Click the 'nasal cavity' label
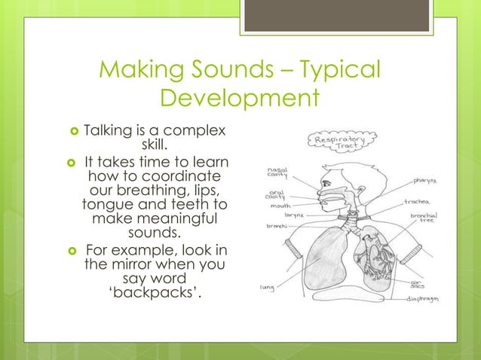pos(277,173)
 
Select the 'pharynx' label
pos(427,182)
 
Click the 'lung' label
pos(266,287)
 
